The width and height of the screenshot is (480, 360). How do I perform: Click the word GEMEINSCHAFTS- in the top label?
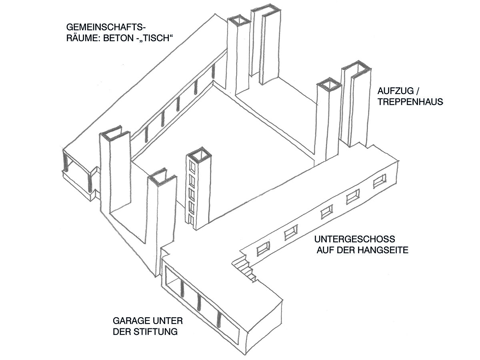105,28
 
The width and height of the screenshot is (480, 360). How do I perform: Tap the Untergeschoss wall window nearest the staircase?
263,249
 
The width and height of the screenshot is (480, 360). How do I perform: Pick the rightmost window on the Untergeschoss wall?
380,181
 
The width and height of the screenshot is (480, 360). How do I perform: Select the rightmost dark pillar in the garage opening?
218,320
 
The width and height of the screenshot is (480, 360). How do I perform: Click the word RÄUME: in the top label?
83,38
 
